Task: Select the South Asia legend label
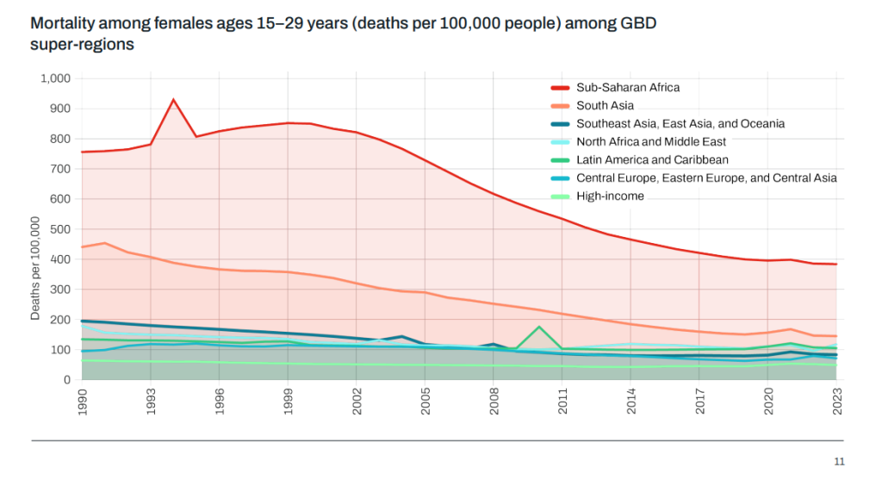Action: click(605, 105)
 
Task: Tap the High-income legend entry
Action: click(610, 196)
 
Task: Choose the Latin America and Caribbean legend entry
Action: click(652, 159)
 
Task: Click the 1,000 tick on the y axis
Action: click(55, 78)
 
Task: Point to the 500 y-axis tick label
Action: click(60, 229)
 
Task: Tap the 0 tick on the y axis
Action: click(66, 380)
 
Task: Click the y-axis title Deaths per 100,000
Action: click(35, 268)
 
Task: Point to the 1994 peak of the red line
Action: click(174, 100)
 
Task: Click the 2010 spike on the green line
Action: click(539, 327)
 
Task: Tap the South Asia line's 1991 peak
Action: click(105, 243)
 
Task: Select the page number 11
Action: click(840, 461)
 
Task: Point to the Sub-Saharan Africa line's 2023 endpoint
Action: click(836, 264)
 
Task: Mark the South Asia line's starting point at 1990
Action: click(83, 247)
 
